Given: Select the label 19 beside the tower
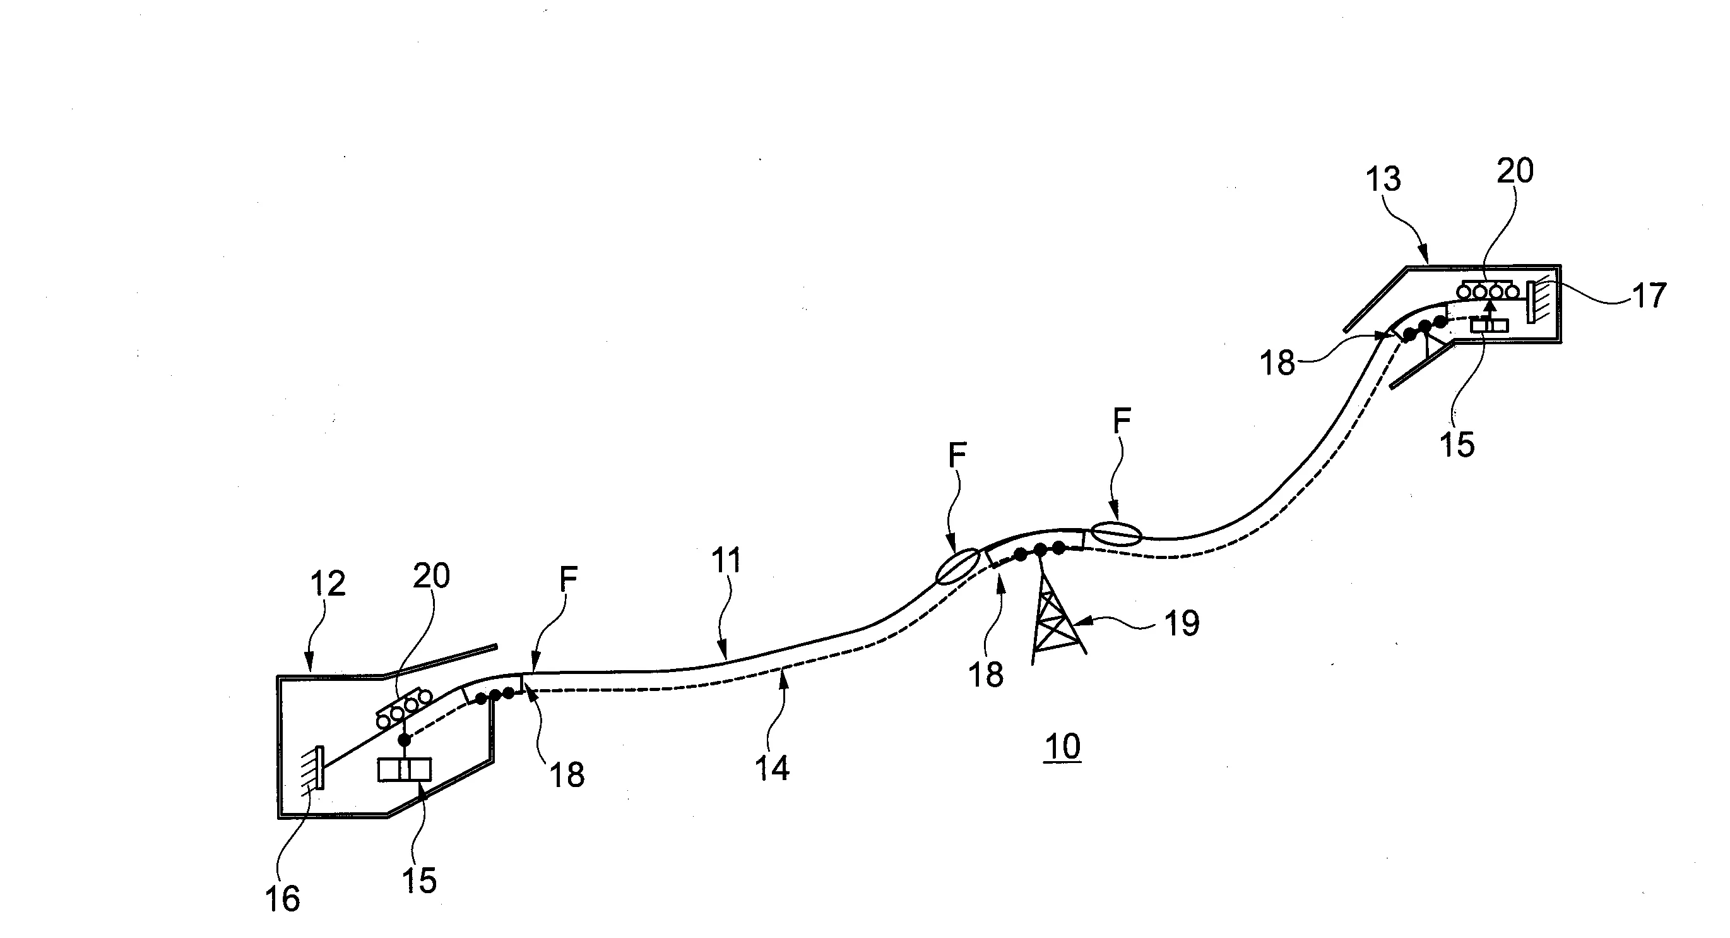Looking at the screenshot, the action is click(1182, 623).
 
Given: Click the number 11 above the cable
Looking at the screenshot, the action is click(726, 560).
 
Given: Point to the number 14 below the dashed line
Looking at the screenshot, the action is click(772, 768).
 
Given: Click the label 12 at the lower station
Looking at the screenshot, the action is click(327, 583).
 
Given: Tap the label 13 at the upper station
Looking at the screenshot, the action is click(1383, 179).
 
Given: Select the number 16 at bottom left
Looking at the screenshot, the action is click(282, 899).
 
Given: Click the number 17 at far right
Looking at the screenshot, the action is click(1649, 296).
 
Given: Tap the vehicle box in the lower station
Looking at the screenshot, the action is click(405, 769).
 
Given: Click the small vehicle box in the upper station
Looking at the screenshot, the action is click(1490, 325).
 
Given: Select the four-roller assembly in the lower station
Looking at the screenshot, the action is click(403, 707).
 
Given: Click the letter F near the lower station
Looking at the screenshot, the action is click(568, 580).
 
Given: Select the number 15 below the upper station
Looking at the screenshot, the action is click(1457, 444).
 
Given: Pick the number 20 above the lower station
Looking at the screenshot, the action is click(431, 576).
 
